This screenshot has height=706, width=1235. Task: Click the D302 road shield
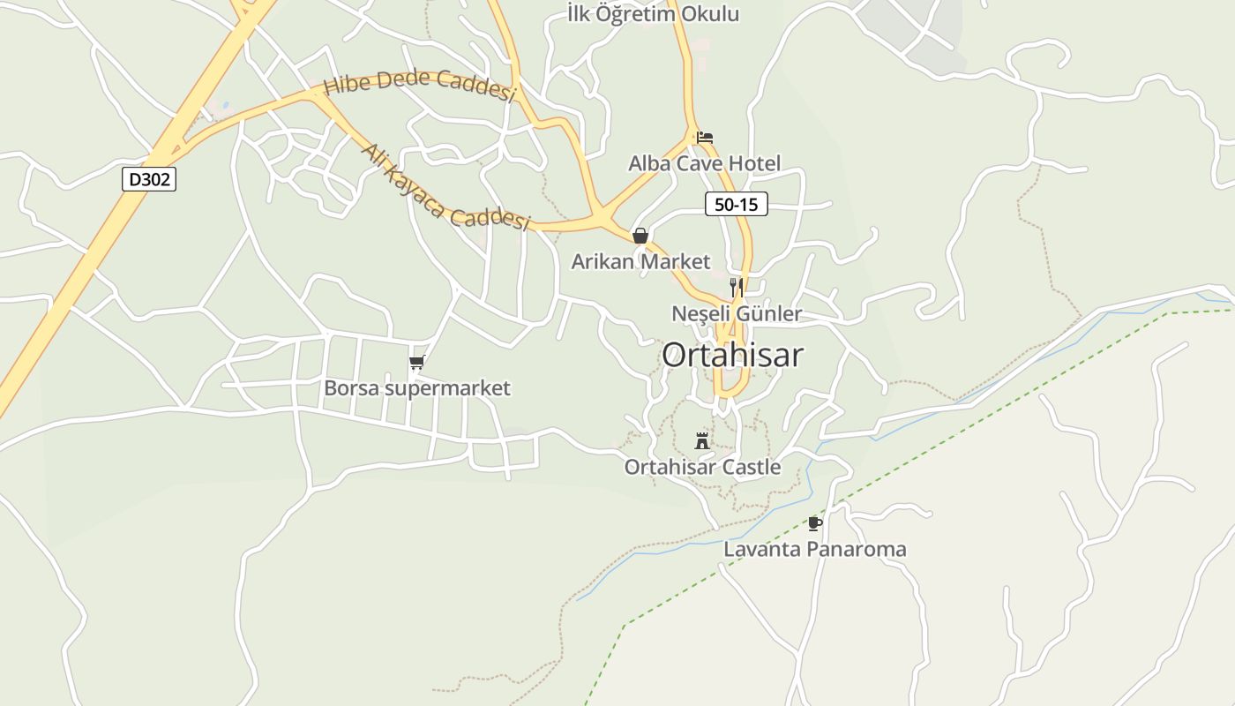pos(149,180)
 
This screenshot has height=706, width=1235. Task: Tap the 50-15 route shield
pos(736,205)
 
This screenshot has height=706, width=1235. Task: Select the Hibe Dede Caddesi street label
pos(420,86)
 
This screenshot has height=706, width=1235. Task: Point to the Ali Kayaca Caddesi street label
pos(445,188)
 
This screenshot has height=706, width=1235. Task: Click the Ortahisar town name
pos(732,355)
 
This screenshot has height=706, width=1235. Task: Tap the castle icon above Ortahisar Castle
pos(702,440)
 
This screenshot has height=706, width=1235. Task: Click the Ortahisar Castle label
pos(702,467)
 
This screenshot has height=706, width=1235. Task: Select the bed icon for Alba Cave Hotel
pos(704,138)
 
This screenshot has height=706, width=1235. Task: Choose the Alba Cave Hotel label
pos(704,163)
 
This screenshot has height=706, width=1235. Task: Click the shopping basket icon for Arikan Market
pos(640,236)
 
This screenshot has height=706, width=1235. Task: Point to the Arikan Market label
pos(640,261)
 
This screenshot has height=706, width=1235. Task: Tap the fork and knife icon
pos(737,287)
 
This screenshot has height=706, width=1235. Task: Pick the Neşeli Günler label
pos(737,313)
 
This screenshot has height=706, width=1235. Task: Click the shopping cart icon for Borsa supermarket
pos(417,362)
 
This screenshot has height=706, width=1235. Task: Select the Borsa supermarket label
pos(417,388)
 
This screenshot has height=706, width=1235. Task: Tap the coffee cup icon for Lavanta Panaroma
pos(815,523)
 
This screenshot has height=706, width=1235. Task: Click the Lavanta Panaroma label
pos(815,549)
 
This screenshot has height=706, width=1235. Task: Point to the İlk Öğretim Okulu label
pos(653,14)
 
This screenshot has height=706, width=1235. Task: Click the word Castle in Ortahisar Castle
pos(749,467)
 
